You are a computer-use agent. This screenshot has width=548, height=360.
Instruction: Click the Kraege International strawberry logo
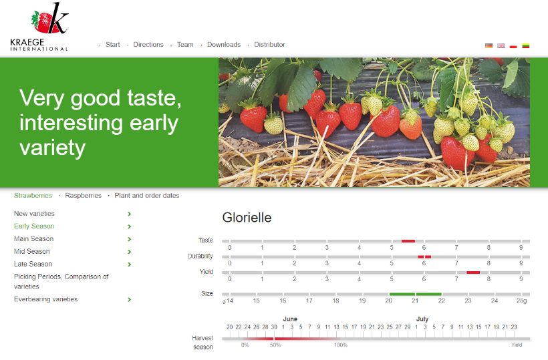(39, 27)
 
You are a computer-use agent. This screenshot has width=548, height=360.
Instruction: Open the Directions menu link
(148, 45)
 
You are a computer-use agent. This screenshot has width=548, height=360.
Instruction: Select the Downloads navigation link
(224, 45)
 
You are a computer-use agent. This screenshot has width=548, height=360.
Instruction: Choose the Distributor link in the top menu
(269, 45)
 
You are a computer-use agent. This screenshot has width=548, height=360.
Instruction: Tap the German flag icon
(489, 45)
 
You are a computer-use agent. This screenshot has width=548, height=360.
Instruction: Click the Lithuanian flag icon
(526, 45)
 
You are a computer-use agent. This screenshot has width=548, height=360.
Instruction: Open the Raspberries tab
(83, 196)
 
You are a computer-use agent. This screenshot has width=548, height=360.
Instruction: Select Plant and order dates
(147, 196)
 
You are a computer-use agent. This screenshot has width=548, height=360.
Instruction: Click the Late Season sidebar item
(33, 264)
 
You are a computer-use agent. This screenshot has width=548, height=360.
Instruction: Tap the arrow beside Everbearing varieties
(129, 300)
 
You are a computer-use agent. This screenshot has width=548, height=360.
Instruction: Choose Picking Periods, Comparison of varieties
(61, 281)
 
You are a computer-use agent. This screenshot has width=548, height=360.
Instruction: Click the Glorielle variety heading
(247, 218)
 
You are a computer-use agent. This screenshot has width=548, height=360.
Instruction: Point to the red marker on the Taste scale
(408, 241)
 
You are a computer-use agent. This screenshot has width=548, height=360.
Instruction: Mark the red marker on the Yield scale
(473, 273)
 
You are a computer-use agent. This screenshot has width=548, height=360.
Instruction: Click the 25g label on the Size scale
(521, 301)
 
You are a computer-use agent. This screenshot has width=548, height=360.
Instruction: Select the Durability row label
(200, 256)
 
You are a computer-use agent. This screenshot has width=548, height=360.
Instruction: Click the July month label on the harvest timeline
(422, 319)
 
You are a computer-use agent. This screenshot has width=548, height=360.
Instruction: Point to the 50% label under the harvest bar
(275, 345)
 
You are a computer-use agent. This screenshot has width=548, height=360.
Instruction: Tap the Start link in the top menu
(112, 45)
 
